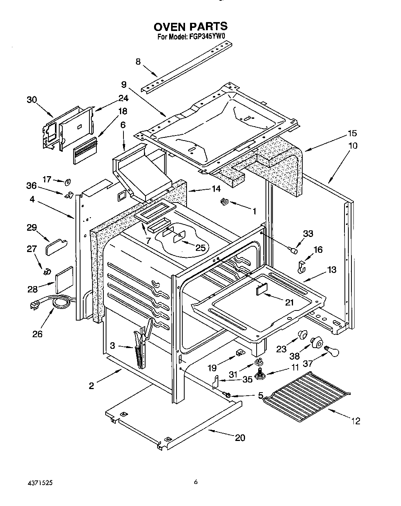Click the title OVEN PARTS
(190, 26)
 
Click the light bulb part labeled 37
(332, 352)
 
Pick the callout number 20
(240, 438)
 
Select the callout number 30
(31, 100)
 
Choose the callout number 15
(352, 134)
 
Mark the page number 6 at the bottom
(196, 482)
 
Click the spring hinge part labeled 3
(140, 346)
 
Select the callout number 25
(200, 248)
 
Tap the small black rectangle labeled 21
(262, 289)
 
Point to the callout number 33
(308, 234)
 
